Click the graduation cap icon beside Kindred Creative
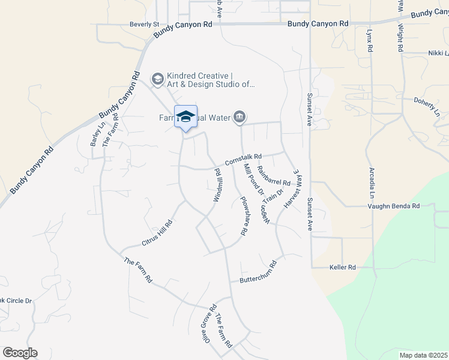pyautogui.click(x=157, y=79)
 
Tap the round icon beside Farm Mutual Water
pyautogui.click(x=240, y=117)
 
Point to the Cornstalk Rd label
pyautogui.click(x=244, y=159)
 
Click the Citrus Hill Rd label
pyautogui.click(x=157, y=232)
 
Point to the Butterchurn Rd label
pyautogui.click(x=258, y=272)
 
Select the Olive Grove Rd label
pyautogui.click(x=208, y=325)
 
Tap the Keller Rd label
pyautogui.click(x=343, y=267)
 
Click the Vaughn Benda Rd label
pyautogui.click(x=394, y=206)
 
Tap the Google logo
pyautogui.click(x=20, y=353)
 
